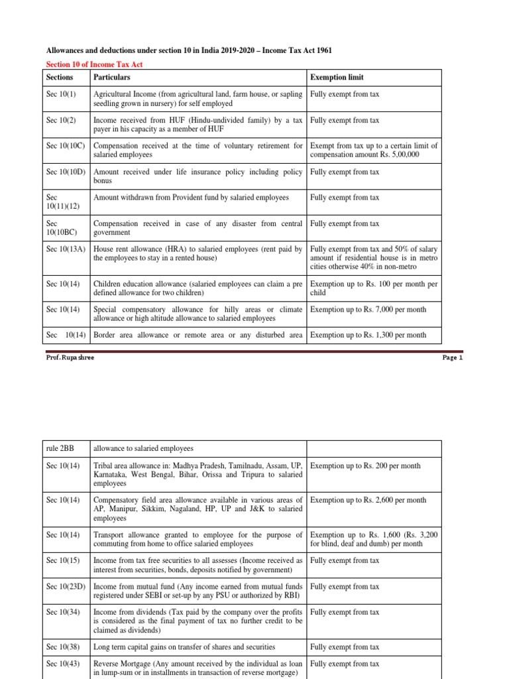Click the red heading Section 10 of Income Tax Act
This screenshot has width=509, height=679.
coord(93,64)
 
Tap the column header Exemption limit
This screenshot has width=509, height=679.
coord(337,78)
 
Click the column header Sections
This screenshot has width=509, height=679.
coord(60,78)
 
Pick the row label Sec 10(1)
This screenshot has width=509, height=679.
coord(61,95)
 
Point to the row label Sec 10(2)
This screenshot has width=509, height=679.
coord(61,121)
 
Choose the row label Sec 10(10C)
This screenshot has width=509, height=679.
coord(66,146)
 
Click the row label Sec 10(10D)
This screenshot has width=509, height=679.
coord(66,172)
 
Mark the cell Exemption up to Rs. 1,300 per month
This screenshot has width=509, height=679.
coord(368,335)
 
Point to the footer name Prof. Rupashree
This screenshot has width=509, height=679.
coord(68,357)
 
